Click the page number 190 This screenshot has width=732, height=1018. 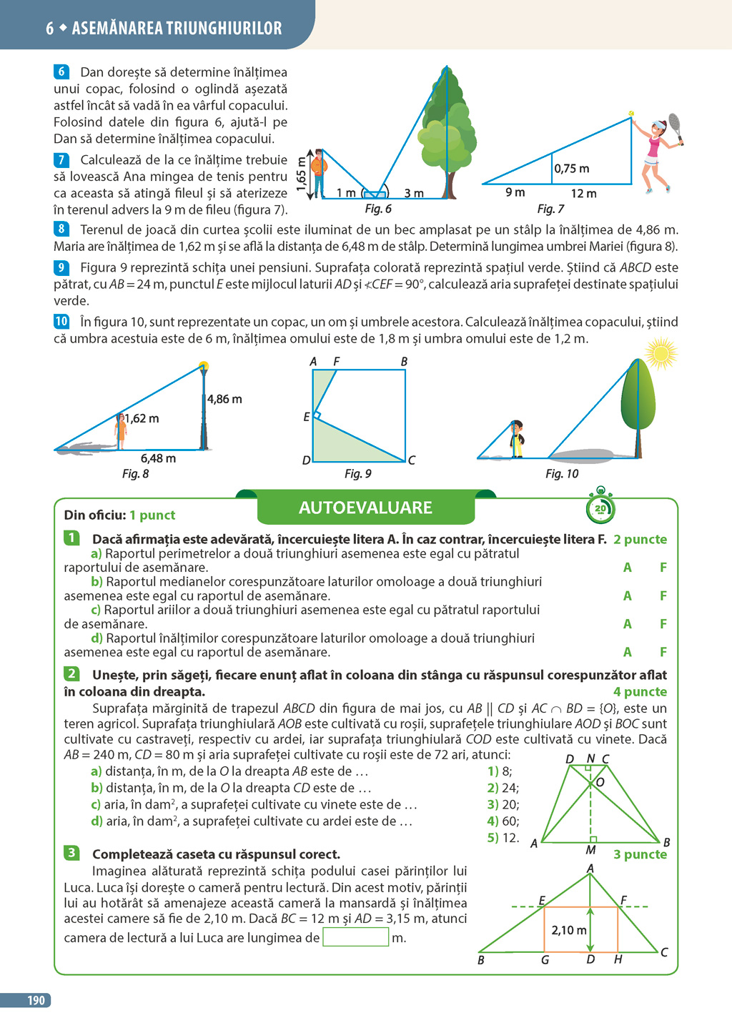[36, 1001]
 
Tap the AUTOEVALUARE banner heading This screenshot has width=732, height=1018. [365, 508]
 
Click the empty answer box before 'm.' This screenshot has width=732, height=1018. [355, 937]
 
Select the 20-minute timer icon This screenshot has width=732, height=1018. [600, 508]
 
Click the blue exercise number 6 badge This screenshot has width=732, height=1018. [61, 71]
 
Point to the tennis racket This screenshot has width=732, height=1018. [674, 126]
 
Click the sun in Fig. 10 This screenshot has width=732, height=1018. [659, 353]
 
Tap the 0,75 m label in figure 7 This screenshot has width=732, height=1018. [572, 169]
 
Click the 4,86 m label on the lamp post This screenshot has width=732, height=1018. [224, 399]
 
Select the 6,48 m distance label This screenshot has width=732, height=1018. [158, 458]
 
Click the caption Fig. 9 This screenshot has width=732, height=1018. [357, 473]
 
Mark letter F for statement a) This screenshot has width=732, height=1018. [663, 568]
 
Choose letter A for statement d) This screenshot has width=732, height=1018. [627, 652]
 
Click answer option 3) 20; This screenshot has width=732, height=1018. [503, 804]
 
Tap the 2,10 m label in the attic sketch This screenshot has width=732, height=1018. [569, 930]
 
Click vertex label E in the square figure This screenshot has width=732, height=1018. [307, 417]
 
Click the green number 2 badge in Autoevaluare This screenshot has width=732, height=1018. [71, 673]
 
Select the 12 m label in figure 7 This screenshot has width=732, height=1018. [583, 194]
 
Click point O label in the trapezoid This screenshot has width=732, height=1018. [600, 782]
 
